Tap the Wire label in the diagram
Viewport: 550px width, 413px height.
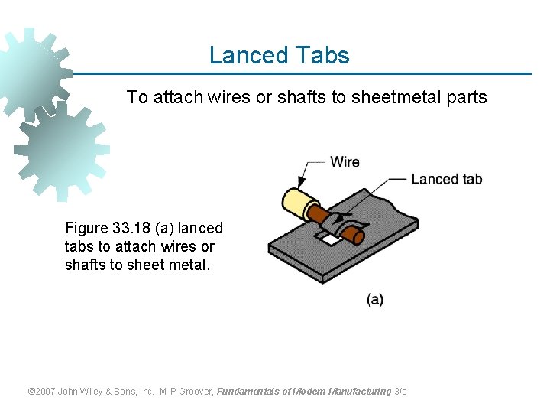pyautogui.click(x=345, y=162)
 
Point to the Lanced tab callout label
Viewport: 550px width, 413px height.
pyautogui.click(x=447, y=179)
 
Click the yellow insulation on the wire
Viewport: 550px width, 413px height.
pyautogui.click(x=293, y=201)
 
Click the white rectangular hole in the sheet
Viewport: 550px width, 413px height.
pyautogui.click(x=331, y=239)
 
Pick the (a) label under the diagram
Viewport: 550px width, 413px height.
pyautogui.click(x=374, y=299)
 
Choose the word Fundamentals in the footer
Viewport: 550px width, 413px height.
pyautogui.click(x=248, y=392)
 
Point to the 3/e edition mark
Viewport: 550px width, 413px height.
pyautogui.click(x=400, y=392)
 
